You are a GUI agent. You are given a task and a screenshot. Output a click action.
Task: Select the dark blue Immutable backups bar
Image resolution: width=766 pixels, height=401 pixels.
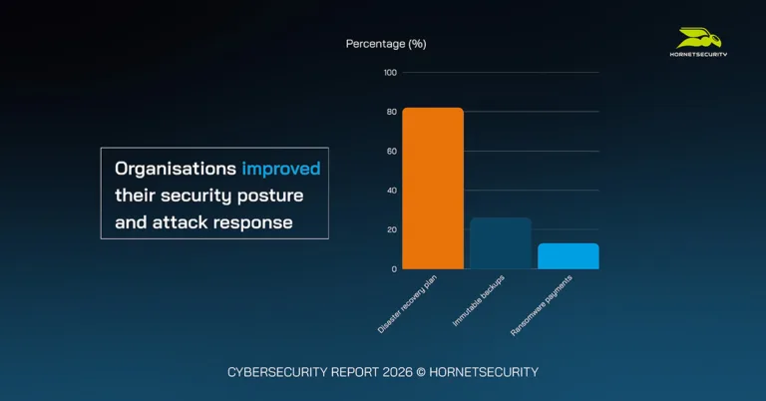tap(500, 243)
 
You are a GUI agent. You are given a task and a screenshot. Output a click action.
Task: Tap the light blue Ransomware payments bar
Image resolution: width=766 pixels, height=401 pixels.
tap(568, 256)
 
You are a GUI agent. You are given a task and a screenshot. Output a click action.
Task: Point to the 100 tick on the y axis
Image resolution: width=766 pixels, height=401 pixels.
tap(390, 73)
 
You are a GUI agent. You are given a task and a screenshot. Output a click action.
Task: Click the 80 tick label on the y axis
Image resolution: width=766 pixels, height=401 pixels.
tap(391, 112)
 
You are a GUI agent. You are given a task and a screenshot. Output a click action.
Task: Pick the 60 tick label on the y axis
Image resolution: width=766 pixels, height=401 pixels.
tap(391, 151)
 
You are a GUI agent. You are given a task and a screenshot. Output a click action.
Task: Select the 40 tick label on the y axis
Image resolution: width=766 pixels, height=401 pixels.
tap(391, 191)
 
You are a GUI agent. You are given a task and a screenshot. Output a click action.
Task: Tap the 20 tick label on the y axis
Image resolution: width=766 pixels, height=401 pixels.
tap(391, 229)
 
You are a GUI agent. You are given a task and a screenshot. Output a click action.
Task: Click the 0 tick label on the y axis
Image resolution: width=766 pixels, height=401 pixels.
tap(394, 269)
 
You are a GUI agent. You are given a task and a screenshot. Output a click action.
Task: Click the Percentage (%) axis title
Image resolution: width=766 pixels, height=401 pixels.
tap(386, 44)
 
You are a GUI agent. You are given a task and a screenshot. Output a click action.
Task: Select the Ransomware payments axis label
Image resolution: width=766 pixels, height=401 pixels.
tap(546, 300)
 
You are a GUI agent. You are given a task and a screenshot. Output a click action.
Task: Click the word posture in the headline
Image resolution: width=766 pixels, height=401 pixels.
tap(269, 194)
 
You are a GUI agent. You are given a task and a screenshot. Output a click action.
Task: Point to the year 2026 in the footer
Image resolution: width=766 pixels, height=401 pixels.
tap(391, 372)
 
